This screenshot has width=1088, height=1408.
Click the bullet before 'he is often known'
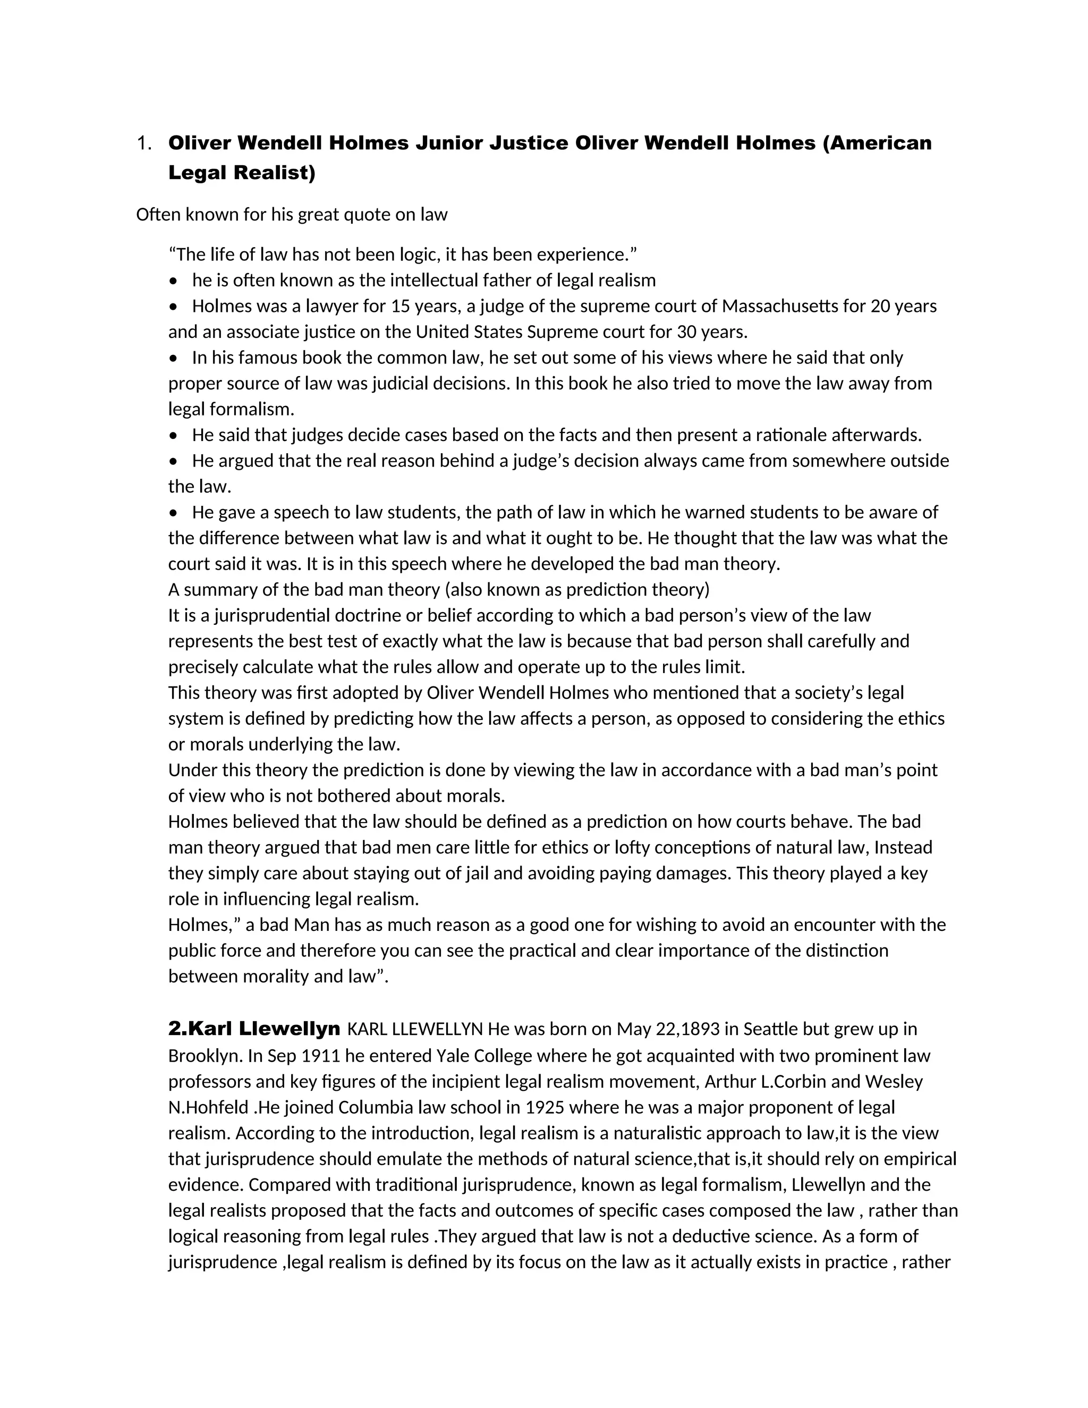[x=173, y=281]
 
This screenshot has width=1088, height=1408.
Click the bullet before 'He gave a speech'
[x=173, y=513]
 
